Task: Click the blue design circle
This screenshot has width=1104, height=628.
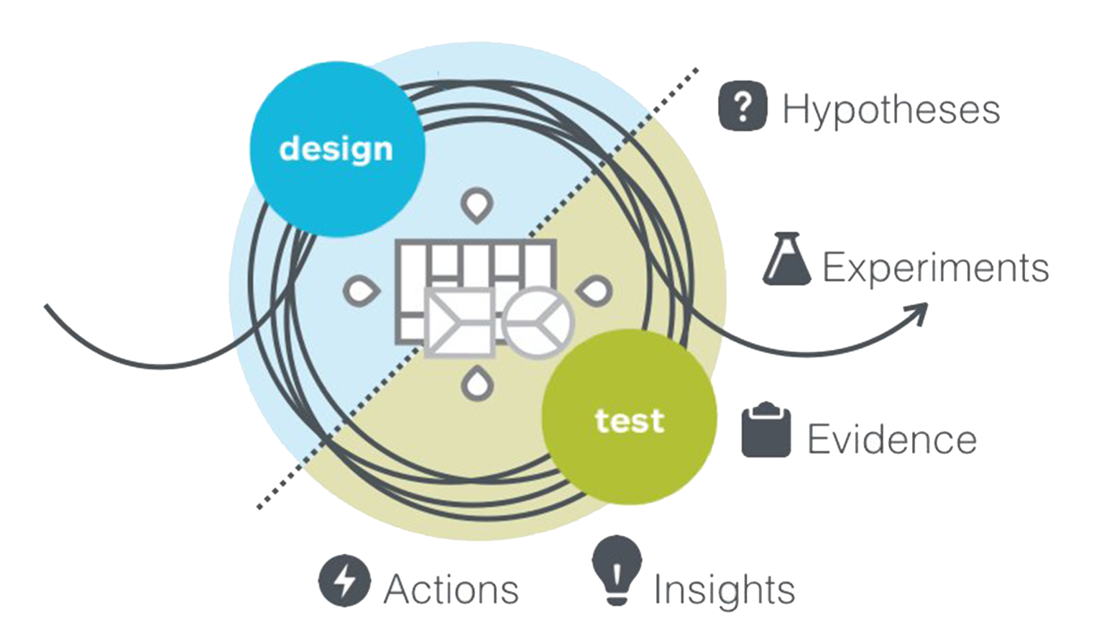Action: coord(336,149)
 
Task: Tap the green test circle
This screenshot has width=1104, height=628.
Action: coord(630,419)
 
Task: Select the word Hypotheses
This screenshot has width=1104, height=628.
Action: coord(891,111)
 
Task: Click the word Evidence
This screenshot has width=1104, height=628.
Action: coord(892,438)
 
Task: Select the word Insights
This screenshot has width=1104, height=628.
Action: coord(724,590)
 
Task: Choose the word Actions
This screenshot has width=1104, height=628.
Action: coord(451,590)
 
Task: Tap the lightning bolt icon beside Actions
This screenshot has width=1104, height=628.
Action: coord(345,581)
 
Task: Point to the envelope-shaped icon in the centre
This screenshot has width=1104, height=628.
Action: coord(460,323)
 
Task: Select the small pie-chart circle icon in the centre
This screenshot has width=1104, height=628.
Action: coord(538,322)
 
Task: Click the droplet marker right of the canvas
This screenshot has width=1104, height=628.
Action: coord(595,290)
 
